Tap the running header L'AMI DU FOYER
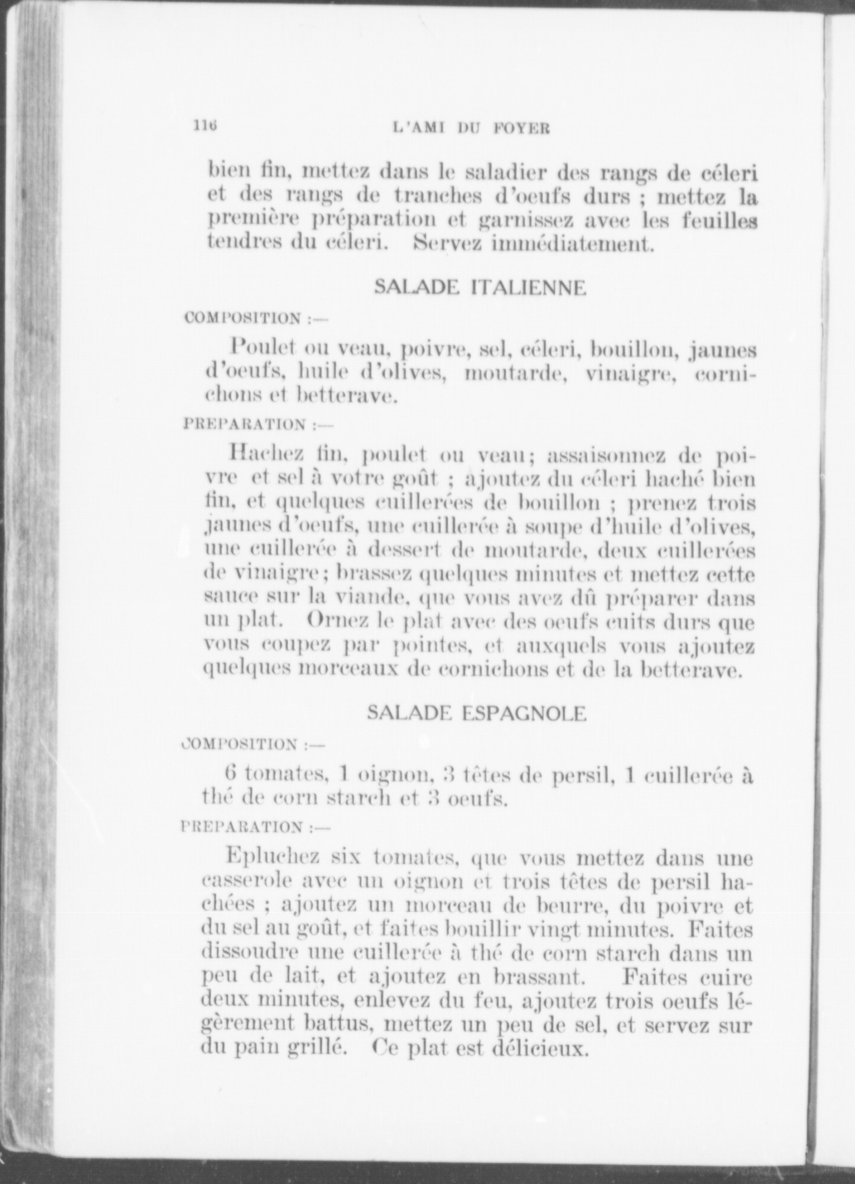point(470,128)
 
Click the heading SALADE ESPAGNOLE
point(476,713)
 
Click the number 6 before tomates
point(231,774)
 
